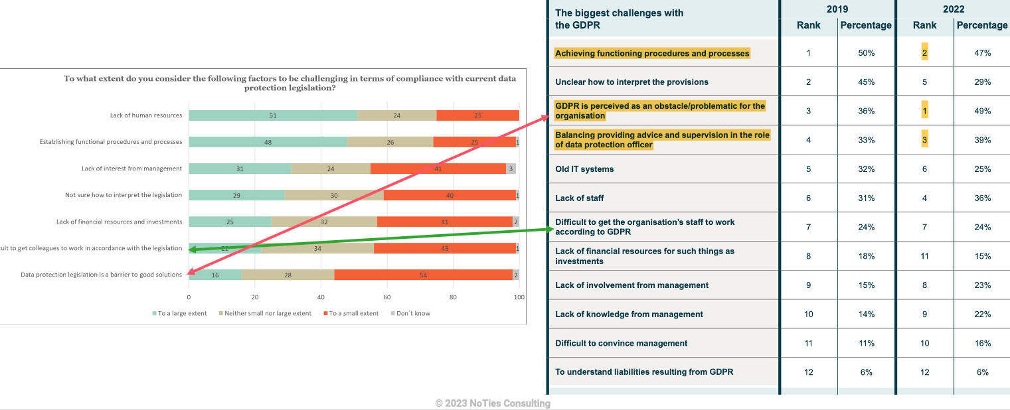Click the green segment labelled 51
273,115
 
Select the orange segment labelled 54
423,275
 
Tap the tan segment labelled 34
317,248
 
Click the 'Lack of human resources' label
146,115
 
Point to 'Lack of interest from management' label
131,169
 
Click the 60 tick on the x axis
387,297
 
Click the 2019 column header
837,9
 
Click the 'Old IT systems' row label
584,169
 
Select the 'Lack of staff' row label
580,198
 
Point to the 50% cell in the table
866,53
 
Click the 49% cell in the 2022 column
982,111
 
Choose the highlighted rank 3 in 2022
924,140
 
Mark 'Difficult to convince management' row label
621,343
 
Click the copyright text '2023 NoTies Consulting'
493,403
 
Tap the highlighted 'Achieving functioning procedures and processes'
652,53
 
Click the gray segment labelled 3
511,169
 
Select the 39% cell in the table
982,140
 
